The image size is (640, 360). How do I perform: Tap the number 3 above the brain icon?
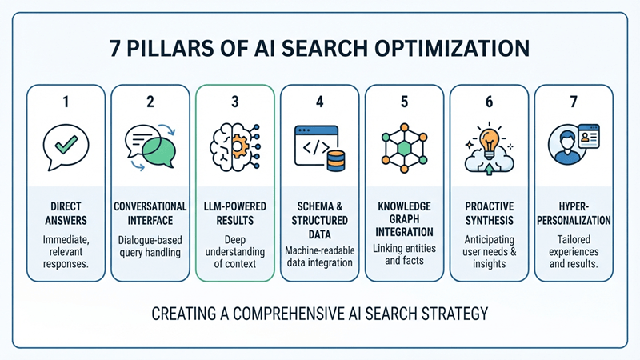235,102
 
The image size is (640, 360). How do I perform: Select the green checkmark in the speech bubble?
66,145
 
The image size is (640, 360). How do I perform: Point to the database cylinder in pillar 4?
336,161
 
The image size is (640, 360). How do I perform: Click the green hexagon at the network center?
404,148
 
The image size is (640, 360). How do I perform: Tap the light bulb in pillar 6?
490,141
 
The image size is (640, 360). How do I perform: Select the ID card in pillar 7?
589,136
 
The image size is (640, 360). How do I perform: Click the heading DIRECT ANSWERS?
66,213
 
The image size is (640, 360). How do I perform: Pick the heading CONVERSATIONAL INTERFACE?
150,213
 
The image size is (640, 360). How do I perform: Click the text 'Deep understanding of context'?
235,251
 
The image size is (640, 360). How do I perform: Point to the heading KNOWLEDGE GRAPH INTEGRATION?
404,218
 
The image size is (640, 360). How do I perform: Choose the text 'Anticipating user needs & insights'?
490,251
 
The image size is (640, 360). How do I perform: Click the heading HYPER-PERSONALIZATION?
574,213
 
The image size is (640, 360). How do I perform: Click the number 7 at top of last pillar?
574,102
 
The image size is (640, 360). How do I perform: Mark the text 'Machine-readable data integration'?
319,256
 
